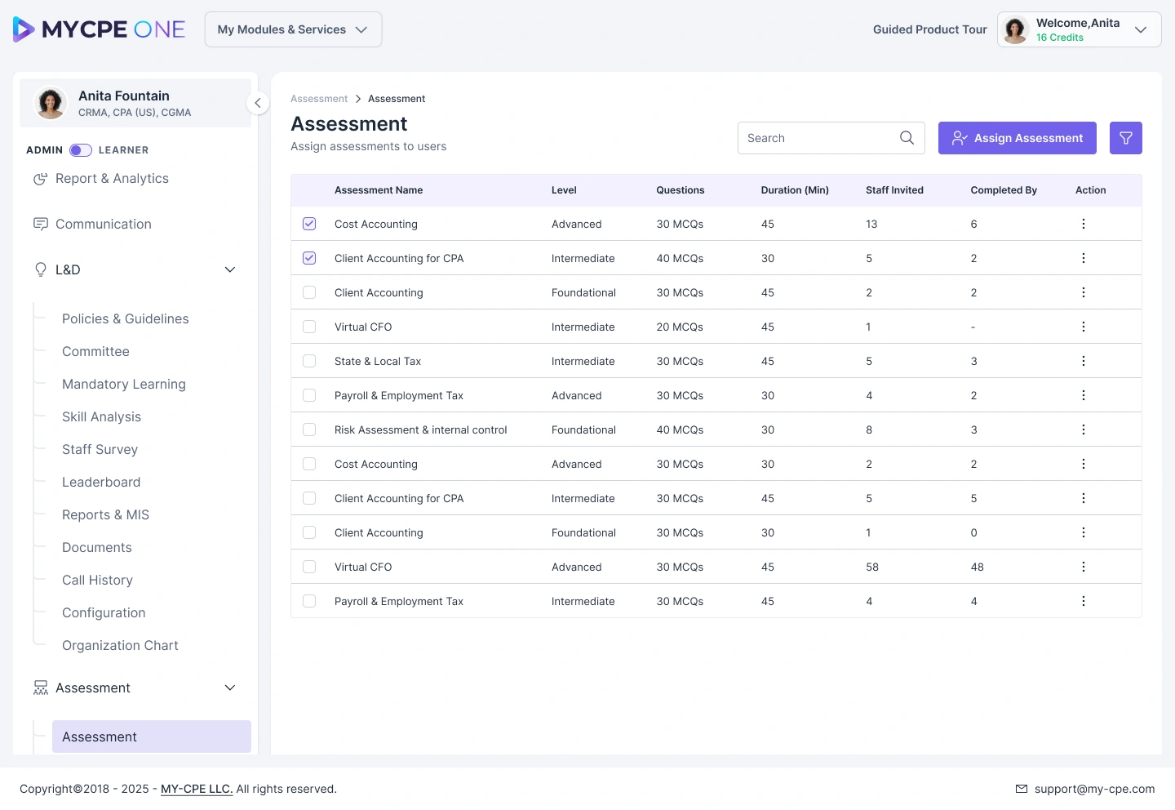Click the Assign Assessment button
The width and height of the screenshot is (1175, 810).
[x=1017, y=138]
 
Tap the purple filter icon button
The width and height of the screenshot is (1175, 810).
[x=1125, y=138]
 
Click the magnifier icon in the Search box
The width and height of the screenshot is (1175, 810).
[x=907, y=138]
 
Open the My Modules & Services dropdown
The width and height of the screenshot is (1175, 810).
[x=293, y=29]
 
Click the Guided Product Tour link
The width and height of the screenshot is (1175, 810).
[x=929, y=29]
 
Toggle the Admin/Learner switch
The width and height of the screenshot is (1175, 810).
[x=80, y=150]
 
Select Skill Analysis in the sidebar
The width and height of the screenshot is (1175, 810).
[x=101, y=416]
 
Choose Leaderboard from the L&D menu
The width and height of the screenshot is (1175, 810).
[x=101, y=482]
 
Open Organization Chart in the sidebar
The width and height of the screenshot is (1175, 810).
[x=120, y=645]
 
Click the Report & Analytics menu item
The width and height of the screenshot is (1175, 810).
[x=112, y=179]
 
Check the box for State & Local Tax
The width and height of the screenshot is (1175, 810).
[x=309, y=361]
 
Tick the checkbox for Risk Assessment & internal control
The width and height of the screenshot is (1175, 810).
[x=309, y=429]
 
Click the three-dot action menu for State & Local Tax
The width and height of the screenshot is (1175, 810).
[x=1084, y=361]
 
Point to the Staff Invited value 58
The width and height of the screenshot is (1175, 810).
[x=871, y=567]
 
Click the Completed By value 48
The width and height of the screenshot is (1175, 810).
[x=977, y=567]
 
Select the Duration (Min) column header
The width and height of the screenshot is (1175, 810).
[x=795, y=190]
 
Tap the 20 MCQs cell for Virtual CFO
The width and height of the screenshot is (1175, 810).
[x=679, y=327]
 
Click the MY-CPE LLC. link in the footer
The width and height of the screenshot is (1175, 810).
[x=197, y=789]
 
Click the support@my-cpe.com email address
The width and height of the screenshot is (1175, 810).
[x=1094, y=789]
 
